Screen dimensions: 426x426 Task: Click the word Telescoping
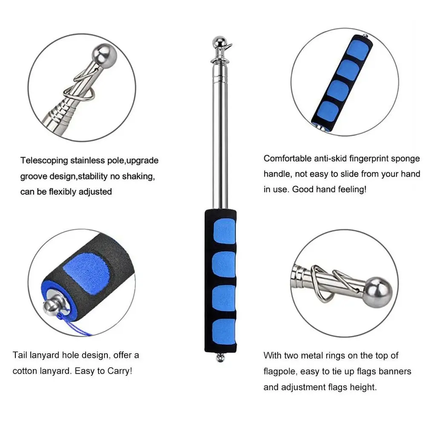pyautogui.click(x=44, y=161)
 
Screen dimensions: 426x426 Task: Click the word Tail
pyautogui.click(x=20, y=355)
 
